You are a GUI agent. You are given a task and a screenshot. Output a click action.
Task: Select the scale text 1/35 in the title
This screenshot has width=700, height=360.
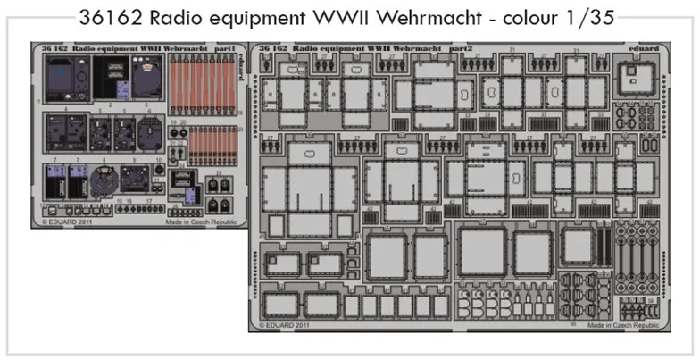[587, 19]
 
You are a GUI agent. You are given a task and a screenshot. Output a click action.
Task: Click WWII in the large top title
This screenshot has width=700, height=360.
[334, 19]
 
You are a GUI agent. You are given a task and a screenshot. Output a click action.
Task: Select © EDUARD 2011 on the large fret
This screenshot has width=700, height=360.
[286, 326]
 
